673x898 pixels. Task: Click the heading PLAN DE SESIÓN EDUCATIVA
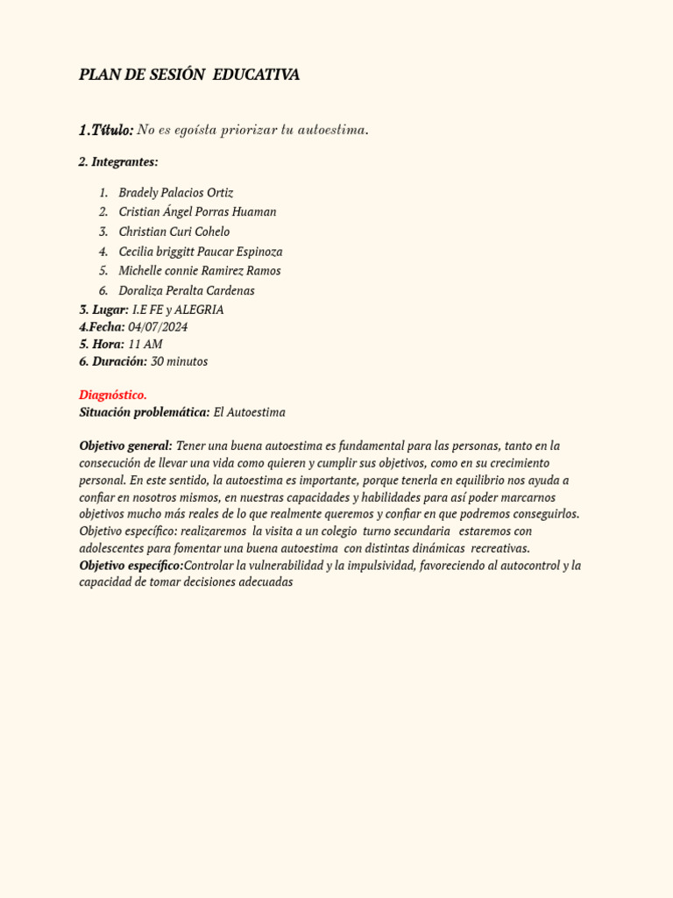click(x=189, y=75)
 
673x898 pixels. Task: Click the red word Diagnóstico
click(x=113, y=395)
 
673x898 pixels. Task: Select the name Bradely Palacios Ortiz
click(x=176, y=192)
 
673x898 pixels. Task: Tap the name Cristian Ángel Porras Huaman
click(x=197, y=211)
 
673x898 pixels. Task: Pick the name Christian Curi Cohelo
click(x=174, y=232)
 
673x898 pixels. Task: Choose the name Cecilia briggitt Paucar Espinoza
click(x=201, y=252)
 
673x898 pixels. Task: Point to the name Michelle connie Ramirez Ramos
click(x=200, y=271)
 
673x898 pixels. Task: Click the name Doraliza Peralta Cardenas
click(x=187, y=290)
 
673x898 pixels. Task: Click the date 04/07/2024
click(x=158, y=327)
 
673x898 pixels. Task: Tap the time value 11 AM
click(x=145, y=344)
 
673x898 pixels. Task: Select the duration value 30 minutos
click(x=180, y=361)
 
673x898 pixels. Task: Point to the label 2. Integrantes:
click(x=118, y=162)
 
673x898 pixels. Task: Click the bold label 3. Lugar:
click(x=103, y=310)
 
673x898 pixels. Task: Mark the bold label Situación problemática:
click(x=145, y=412)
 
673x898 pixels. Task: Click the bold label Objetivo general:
click(x=125, y=445)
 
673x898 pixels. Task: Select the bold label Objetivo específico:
click(x=131, y=566)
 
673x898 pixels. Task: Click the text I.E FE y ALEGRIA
click(x=178, y=310)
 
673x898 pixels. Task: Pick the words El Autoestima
click(x=250, y=412)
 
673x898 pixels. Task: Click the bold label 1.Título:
click(x=106, y=130)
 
